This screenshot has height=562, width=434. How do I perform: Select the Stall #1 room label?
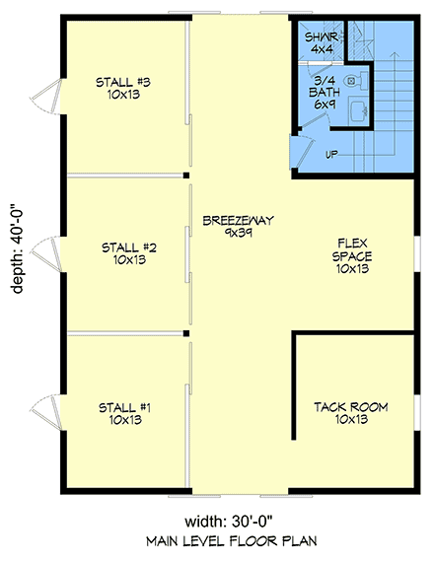(x=122, y=413)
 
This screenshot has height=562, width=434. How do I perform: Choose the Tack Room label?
(x=349, y=413)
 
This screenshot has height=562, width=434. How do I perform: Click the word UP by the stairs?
(x=331, y=155)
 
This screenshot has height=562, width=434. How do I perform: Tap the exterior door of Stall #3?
(x=41, y=95)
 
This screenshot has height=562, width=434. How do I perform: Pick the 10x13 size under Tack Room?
(x=349, y=420)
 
